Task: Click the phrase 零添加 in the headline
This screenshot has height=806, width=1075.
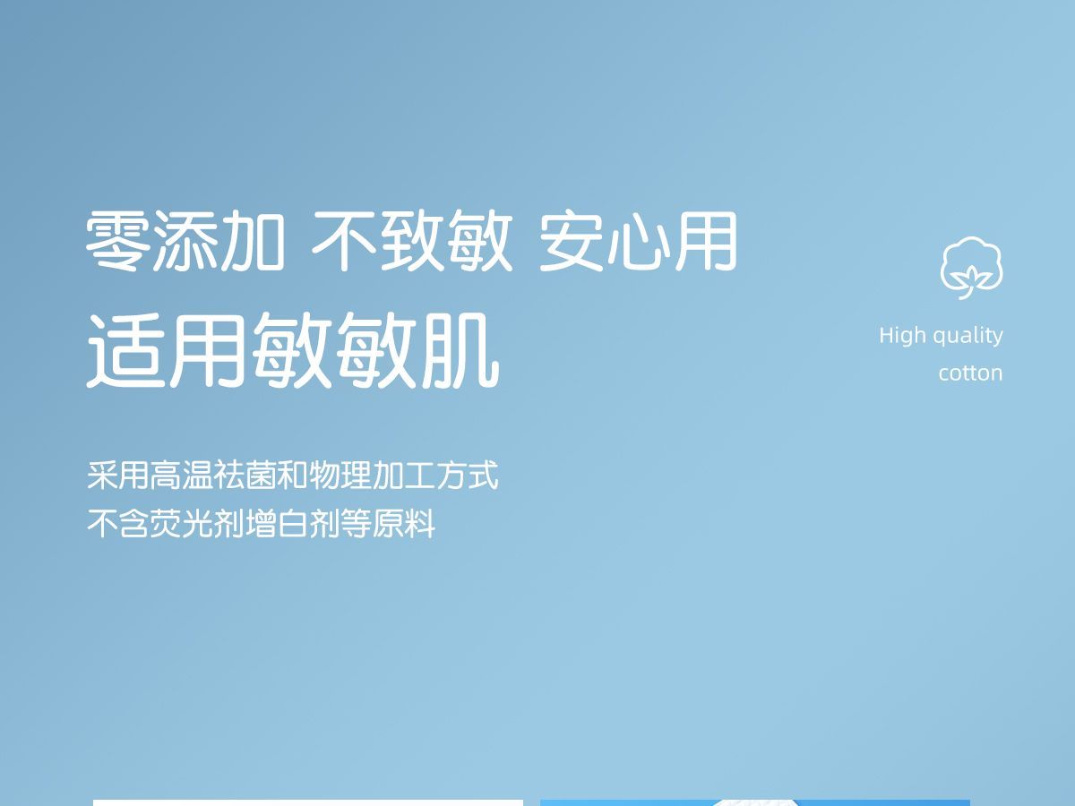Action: pyautogui.click(x=185, y=241)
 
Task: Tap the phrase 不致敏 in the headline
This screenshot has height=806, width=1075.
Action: pyautogui.click(x=412, y=241)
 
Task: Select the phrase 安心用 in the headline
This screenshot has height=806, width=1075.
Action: pyautogui.click(x=638, y=241)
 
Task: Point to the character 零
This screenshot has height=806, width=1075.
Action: pyautogui.click(x=118, y=241)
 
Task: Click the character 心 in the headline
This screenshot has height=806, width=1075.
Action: pyautogui.click(x=638, y=241)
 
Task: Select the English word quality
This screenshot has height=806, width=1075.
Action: pyautogui.click(x=968, y=337)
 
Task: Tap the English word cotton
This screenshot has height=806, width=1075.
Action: pyautogui.click(x=971, y=373)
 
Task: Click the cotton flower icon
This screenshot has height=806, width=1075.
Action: pyautogui.click(x=972, y=268)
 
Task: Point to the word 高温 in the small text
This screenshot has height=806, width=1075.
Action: pyautogui.click(x=182, y=476)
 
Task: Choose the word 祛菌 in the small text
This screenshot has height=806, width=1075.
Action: pyautogui.click(x=245, y=476)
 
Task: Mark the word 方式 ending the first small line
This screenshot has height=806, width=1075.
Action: pyautogui.click(x=467, y=476)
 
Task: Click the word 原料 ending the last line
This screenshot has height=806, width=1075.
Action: pyautogui.click(x=403, y=524)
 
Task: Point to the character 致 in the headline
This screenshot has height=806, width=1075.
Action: pyautogui.click(x=412, y=241)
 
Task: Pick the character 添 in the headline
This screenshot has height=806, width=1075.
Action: pyautogui.click(x=185, y=241)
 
